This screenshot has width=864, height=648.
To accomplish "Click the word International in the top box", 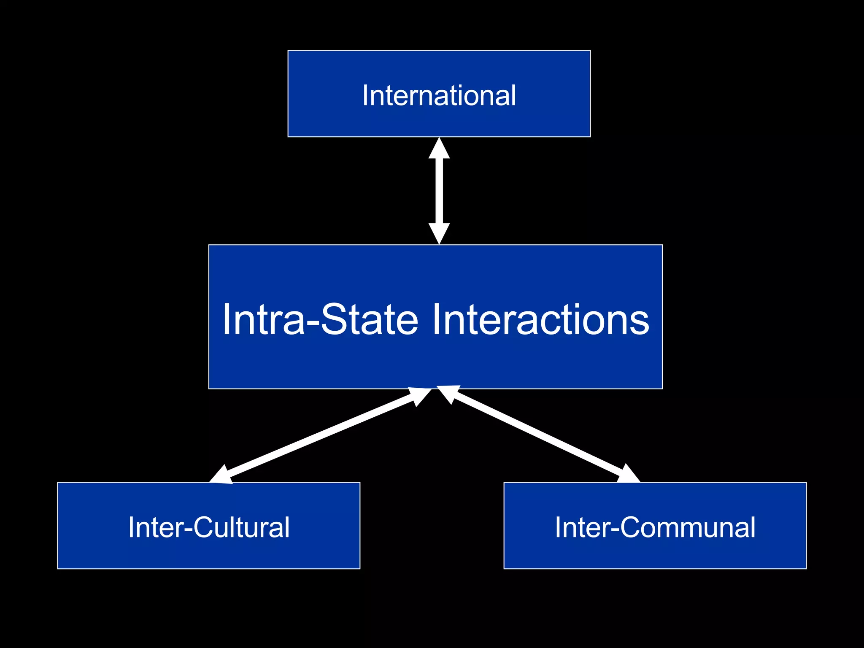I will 439,95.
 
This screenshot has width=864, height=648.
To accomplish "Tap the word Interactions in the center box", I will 540,319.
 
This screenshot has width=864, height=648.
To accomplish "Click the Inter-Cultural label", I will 209,527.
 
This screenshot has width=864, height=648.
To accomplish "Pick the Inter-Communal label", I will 655,527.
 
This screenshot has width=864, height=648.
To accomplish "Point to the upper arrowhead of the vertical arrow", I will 439,149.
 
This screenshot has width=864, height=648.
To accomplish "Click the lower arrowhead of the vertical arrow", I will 439,232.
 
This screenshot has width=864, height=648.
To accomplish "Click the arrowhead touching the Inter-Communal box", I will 629,475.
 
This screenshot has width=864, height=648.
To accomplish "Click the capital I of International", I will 365,95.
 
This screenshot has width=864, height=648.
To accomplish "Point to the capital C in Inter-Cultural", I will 202,527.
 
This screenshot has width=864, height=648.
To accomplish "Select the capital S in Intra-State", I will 335,319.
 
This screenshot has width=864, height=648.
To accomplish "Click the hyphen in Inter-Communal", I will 615,530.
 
